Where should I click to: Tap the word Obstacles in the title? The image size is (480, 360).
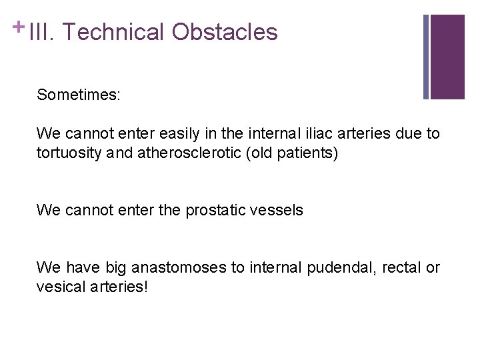point(225,32)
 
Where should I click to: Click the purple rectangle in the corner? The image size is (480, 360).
point(447,57)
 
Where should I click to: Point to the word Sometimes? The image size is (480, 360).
point(79,95)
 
